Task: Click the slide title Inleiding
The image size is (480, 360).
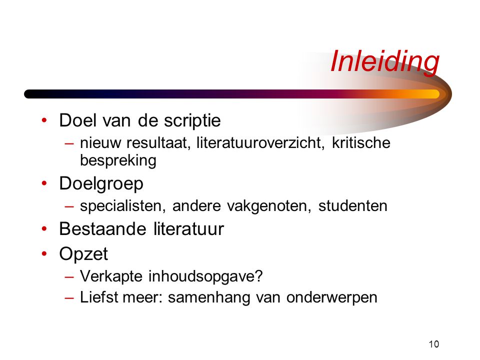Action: (385, 62)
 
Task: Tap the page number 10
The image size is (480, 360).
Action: (434, 344)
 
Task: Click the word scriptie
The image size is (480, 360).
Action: (192, 121)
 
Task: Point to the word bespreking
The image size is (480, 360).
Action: (118, 160)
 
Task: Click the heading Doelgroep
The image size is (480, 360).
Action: (101, 184)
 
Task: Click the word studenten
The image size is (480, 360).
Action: (353, 205)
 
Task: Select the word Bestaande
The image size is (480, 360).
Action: (102, 229)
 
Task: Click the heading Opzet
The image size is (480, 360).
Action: (83, 254)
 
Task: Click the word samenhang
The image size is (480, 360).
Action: (209, 297)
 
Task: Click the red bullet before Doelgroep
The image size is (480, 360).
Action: (44, 183)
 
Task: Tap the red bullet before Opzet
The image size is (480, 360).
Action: (44, 254)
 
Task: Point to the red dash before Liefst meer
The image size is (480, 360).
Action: (69, 298)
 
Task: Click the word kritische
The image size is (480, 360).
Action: (361, 143)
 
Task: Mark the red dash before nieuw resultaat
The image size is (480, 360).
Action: (69, 143)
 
